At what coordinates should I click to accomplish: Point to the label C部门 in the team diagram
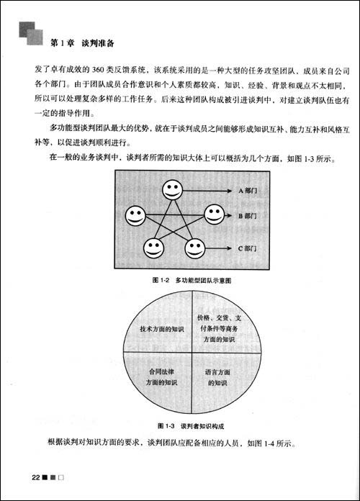(x=248, y=248)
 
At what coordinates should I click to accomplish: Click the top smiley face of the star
(x=171, y=190)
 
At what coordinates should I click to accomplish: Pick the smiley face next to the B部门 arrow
(x=214, y=215)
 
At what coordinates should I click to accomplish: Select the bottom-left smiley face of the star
(x=153, y=248)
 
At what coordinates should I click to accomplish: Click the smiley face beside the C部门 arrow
(x=195, y=248)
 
